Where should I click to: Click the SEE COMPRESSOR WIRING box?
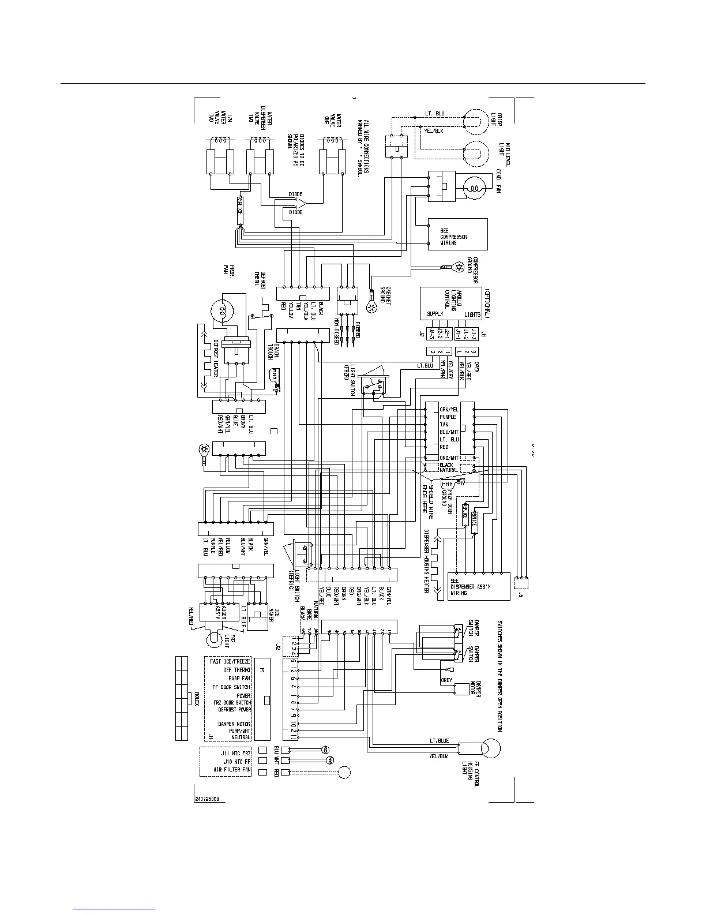tap(457, 234)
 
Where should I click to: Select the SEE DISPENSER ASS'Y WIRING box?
tap(479, 587)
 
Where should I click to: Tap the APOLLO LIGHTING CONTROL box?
tap(450, 302)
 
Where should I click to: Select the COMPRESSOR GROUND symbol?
tap(459, 267)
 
